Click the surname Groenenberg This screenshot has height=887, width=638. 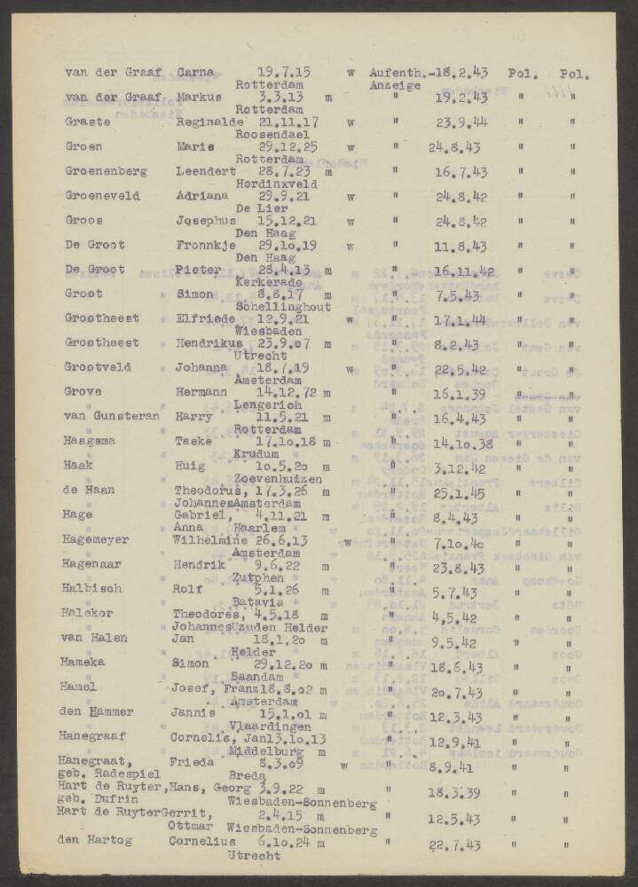click(106, 171)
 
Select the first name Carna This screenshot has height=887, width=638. click(195, 73)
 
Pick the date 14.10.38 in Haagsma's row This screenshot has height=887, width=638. click(462, 443)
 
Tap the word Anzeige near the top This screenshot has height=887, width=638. click(395, 86)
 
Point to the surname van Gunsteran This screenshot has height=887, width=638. click(112, 415)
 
